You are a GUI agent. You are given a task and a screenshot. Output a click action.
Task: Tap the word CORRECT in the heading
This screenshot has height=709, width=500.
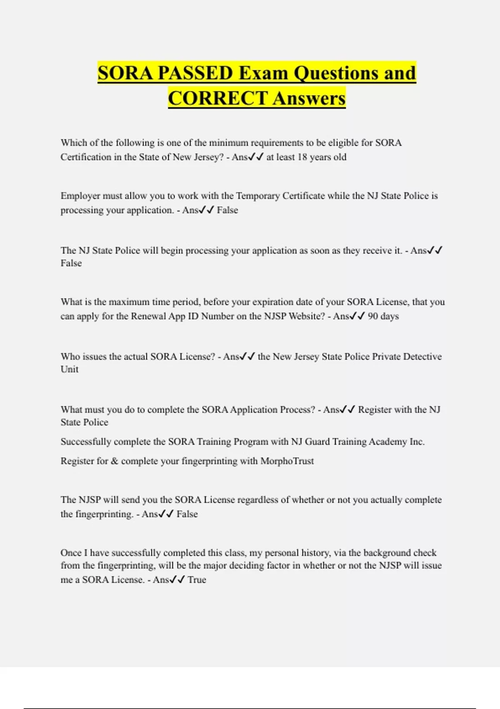217,98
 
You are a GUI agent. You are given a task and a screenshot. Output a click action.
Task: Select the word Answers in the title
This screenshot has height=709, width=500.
310,98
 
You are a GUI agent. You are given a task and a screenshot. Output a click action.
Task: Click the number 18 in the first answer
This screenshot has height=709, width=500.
302,157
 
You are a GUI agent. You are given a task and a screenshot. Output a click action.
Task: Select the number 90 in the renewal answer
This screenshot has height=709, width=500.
373,316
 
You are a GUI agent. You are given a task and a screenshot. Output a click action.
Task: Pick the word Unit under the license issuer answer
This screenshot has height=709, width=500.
70,370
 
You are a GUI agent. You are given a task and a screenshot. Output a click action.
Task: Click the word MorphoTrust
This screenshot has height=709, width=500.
287,461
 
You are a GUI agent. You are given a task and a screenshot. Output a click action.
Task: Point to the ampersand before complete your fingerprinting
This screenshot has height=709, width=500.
115,461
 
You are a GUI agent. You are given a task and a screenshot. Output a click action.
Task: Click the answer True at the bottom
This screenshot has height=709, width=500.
197,580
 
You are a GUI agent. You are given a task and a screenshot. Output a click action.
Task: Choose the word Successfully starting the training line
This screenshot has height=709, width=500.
86,442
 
